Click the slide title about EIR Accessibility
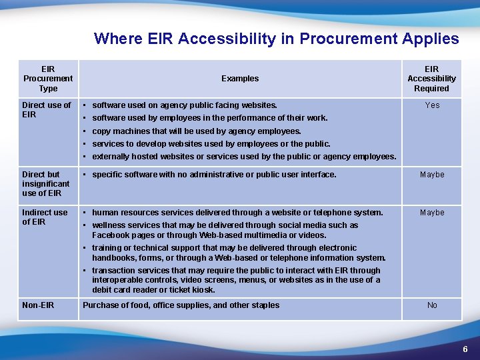pyautogui.click(x=276, y=39)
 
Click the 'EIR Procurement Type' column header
pyautogui.click(x=48, y=79)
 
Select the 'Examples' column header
pyautogui.click(x=240, y=79)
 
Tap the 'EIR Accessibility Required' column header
pyautogui.click(x=431, y=79)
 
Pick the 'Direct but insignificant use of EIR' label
pyautogui.click(x=45, y=183)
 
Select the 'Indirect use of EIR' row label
pyautogui.click(x=45, y=217)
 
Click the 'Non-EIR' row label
pyautogui.click(x=38, y=305)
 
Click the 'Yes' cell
pyautogui.click(x=432, y=105)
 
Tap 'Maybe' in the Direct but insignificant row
pyautogui.click(x=431, y=175)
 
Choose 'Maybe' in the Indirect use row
pyautogui.click(x=431, y=213)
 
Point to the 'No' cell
pyautogui.click(x=432, y=305)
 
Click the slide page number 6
pyautogui.click(x=465, y=349)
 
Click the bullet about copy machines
pyautogui.click(x=196, y=131)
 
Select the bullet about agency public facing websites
pyautogui.click(x=185, y=105)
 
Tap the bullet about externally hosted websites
pyautogui.click(x=243, y=157)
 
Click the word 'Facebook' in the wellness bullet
pyautogui.click(x=111, y=235)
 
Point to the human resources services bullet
pyautogui.click(x=237, y=213)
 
